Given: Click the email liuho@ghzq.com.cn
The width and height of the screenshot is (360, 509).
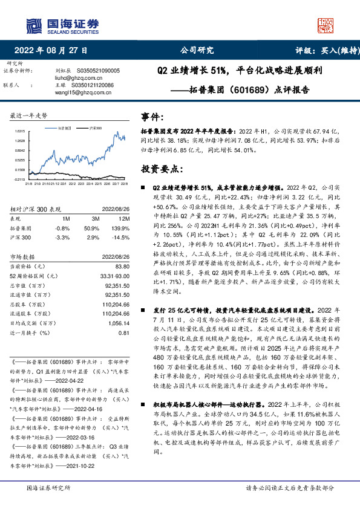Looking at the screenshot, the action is (x=71, y=77).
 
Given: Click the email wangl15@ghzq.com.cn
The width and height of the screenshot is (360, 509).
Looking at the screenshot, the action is (x=74, y=92).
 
